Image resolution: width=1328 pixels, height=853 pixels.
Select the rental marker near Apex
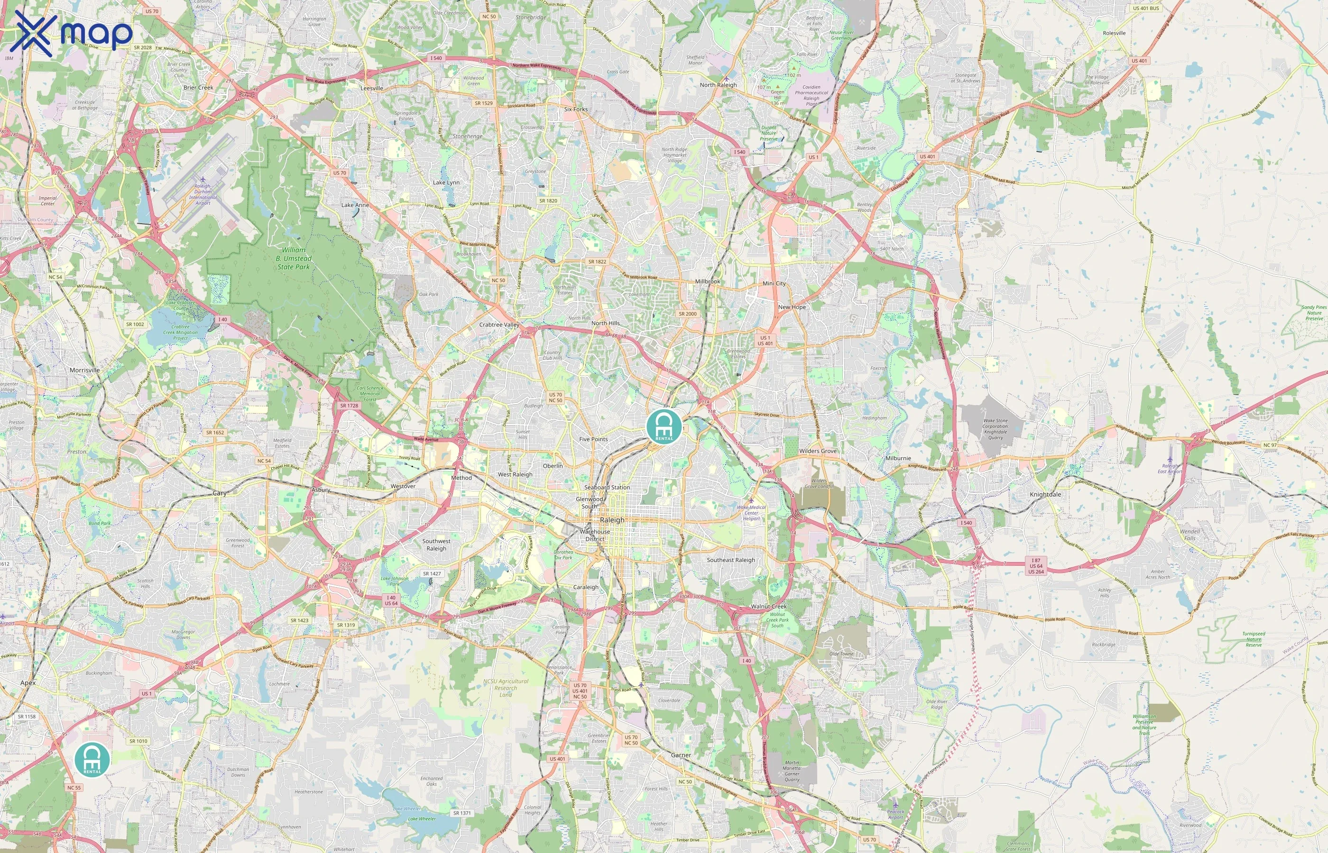[x=92, y=759]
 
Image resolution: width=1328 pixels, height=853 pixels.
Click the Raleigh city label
[x=612, y=520]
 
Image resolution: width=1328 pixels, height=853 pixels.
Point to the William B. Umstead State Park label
[x=294, y=258]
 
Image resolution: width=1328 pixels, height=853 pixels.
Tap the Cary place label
[x=220, y=493]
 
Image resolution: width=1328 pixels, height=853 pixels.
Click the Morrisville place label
[x=85, y=370]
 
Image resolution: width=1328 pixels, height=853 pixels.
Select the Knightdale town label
[x=1045, y=495]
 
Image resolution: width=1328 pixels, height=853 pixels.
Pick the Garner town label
[x=681, y=755]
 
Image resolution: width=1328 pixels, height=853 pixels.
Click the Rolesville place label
[x=1114, y=33]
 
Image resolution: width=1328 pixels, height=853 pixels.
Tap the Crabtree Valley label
[x=499, y=325]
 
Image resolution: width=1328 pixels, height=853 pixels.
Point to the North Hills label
[x=605, y=323]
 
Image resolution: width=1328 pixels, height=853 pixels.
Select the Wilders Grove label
[x=818, y=451]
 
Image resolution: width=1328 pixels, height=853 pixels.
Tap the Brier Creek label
[x=198, y=88]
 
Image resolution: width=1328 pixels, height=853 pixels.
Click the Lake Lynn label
[x=446, y=182]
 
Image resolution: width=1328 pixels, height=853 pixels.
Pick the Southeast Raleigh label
[x=730, y=560]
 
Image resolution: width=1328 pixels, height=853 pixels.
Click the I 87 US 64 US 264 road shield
[x=1035, y=565]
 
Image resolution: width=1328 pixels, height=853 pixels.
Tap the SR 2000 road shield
[x=687, y=314]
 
